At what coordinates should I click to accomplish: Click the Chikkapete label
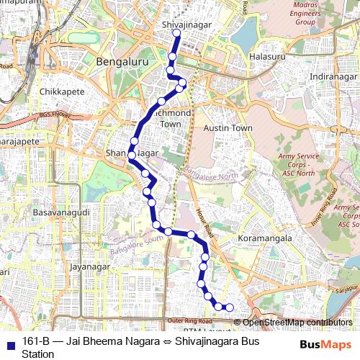pos(62,92)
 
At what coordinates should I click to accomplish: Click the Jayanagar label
pos(88,266)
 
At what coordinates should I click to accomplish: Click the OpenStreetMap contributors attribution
pos(297,323)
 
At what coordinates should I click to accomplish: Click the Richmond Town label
pos(171,119)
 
